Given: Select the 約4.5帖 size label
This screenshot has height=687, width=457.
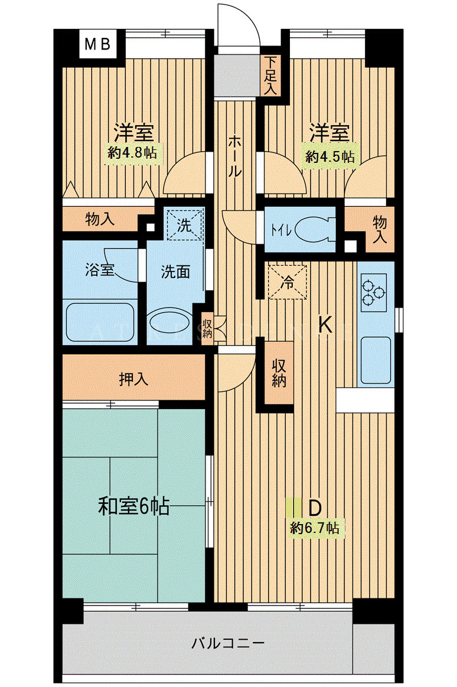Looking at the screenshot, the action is (330, 156).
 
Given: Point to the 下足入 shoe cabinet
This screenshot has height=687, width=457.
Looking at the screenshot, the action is (271, 77).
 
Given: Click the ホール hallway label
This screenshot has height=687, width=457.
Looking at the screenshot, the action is (234, 156).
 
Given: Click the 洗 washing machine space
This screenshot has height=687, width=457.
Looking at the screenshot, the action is (184, 225).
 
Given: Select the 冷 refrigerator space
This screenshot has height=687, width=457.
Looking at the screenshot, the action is (288, 282).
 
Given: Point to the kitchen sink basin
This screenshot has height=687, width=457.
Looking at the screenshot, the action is (376, 360).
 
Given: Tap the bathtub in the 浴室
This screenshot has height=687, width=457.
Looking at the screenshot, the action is (100, 322).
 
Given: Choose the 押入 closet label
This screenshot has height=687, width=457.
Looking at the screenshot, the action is (133, 378).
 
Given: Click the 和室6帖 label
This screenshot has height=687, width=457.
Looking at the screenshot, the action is (133, 506).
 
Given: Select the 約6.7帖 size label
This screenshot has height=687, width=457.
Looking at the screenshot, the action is (314, 528).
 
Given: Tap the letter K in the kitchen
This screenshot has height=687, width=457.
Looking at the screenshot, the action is (325, 325).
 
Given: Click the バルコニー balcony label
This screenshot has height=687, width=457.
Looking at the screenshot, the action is (228, 643).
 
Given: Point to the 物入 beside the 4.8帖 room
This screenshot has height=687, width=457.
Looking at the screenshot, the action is (101, 218).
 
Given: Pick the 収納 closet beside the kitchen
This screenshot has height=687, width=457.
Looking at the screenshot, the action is (279, 372).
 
